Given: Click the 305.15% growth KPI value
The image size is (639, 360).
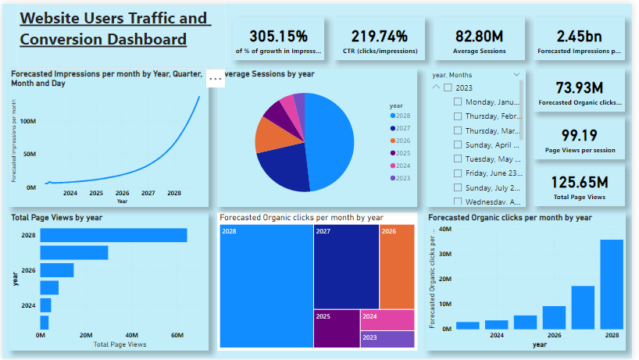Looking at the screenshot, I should [x=278, y=36].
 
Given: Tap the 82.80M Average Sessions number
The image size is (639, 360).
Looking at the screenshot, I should [x=480, y=36].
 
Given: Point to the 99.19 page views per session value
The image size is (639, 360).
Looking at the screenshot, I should [x=579, y=134].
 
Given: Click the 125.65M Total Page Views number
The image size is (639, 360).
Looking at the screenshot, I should [x=579, y=182].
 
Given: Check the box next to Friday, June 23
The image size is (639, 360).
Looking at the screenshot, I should [x=457, y=173].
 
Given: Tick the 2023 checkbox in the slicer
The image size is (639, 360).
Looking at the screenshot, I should [x=448, y=87].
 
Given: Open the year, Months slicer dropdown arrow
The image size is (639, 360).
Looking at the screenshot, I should [x=516, y=74].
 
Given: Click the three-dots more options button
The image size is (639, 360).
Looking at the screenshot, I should [x=216, y=79].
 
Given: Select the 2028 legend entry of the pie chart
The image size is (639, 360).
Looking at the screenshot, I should [x=402, y=116].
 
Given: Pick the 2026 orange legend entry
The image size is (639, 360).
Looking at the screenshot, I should [x=402, y=141].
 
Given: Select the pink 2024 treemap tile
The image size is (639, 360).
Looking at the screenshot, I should [x=387, y=320].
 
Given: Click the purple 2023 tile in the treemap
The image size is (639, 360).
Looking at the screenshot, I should [x=387, y=339].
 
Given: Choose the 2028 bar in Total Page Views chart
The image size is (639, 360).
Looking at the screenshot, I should [x=113, y=235].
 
